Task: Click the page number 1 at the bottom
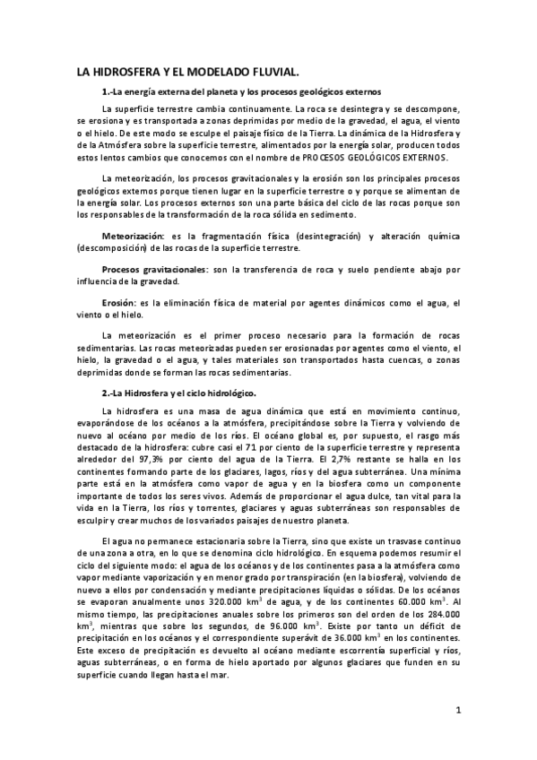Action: (x=457, y=712)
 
